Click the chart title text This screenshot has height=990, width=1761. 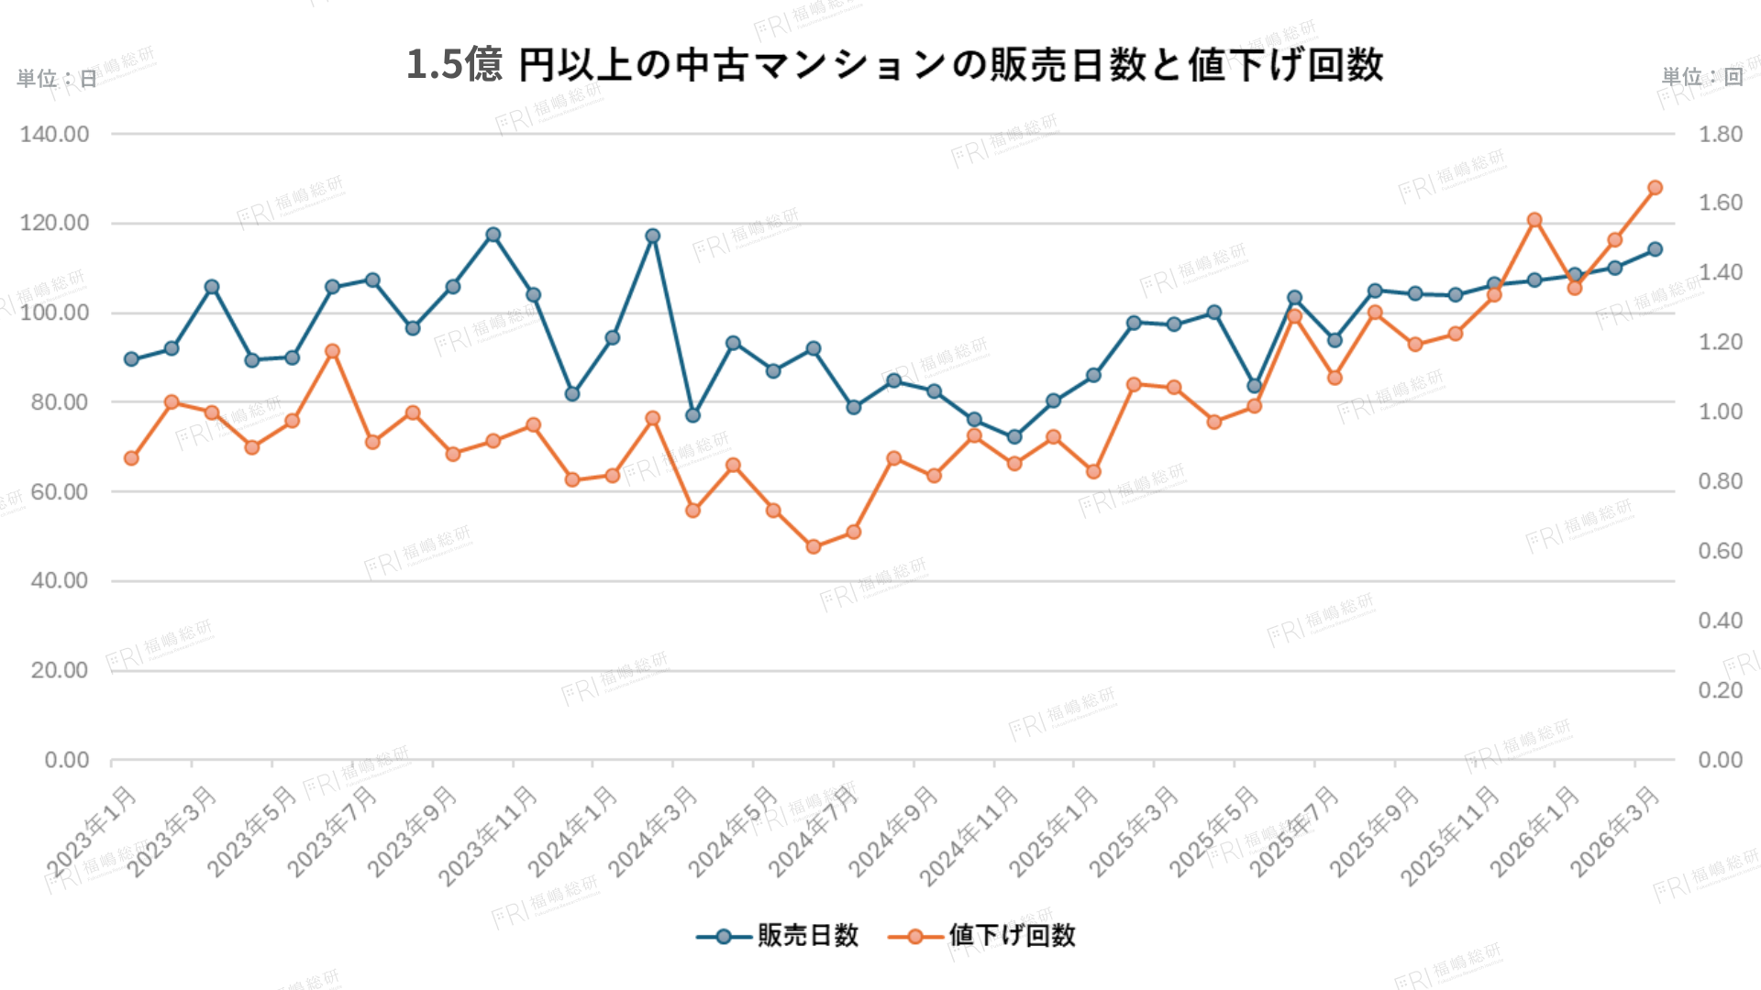click(894, 65)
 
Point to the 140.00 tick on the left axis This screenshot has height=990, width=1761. click(55, 135)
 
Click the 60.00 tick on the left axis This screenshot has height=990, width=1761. click(60, 492)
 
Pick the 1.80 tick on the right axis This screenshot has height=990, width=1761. click(1720, 135)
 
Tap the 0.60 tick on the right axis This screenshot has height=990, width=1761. click(1720, 551)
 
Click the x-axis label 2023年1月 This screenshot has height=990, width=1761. click(93, 831)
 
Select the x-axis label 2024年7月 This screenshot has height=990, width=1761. click(814, 831)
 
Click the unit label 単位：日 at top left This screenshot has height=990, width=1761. click(57, 79)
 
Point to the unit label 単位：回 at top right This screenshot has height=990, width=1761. click(1702, 77)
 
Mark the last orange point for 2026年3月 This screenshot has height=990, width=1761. click(1655, 188)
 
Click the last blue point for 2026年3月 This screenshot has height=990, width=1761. click(1655, 249)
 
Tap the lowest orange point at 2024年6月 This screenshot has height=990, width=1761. click(814, 546)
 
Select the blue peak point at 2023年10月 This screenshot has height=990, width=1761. click(493, 235)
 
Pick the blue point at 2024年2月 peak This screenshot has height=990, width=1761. click(653, 236)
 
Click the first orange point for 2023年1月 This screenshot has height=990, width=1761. click(131, 458)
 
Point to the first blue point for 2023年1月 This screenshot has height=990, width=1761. click(131, 359)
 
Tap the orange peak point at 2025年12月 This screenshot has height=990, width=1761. click(1534, 220)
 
